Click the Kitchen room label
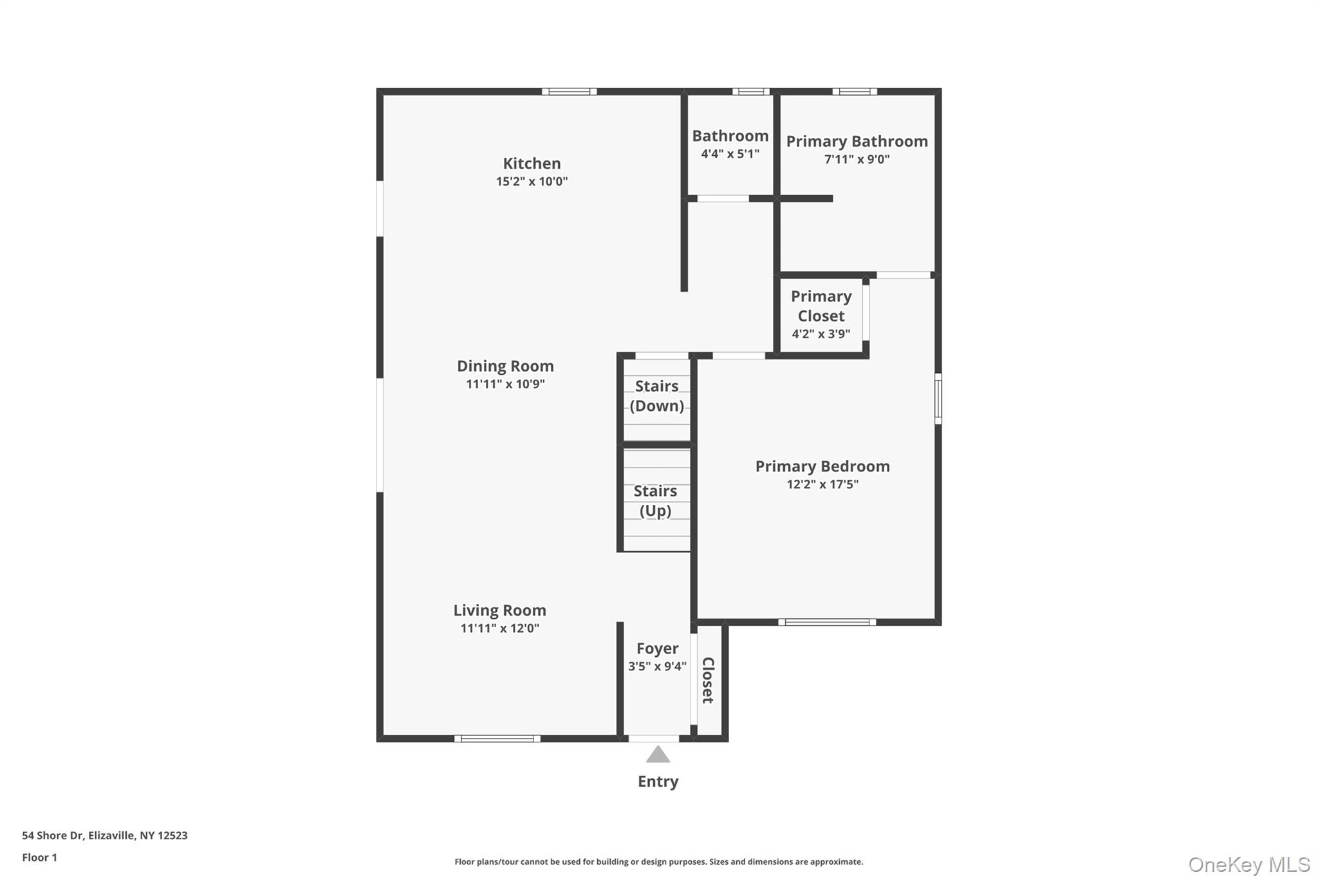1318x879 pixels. click(532, 164)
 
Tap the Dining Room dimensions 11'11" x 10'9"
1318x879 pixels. click(505, 384)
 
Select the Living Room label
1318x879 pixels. click(499, 610)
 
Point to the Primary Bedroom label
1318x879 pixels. click(822, 466)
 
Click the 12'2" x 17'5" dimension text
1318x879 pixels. click(822, 484)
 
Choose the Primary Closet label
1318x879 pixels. click(821, 306)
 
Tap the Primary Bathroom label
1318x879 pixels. click(857, 142)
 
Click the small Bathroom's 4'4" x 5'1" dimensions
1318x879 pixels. click(730, 154)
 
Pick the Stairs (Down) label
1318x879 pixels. click(656, 396)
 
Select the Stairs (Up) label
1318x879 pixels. click(655, 501)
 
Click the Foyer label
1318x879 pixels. click(657, 648)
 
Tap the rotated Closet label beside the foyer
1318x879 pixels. click(708, 680)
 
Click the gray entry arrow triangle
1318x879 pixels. click(658, 755)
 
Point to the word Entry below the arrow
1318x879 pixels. click(658, 782)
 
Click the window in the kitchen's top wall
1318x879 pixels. click(569, 91)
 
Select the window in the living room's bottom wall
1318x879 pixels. click(497, 739)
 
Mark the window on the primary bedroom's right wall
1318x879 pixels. click(938, 399)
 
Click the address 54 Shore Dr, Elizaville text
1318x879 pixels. click(105, 835)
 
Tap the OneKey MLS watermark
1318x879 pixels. click(1248, 864)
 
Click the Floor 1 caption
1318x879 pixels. click(39, 857)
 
